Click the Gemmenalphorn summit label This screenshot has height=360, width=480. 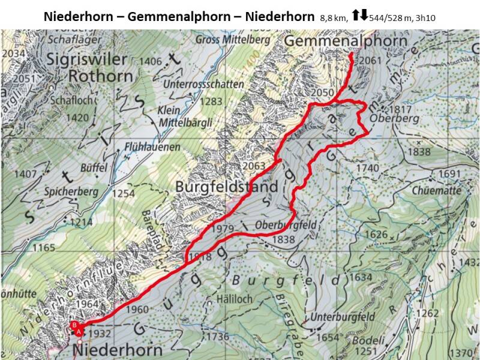[346, 41]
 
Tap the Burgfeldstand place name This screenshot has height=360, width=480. [227, 187]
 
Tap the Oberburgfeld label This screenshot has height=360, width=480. [286, 225]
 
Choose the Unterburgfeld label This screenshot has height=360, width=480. [343, 317]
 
